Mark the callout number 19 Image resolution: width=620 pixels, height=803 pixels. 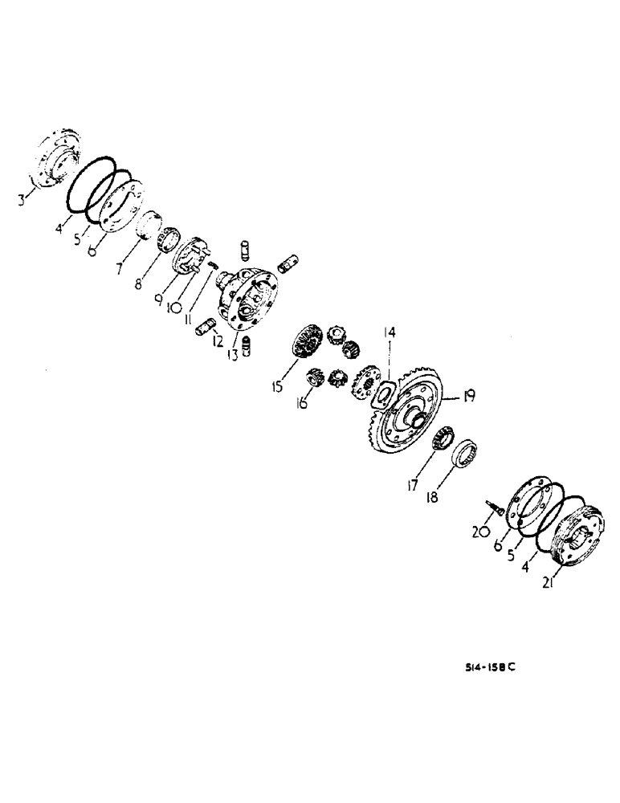coord(467,394)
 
